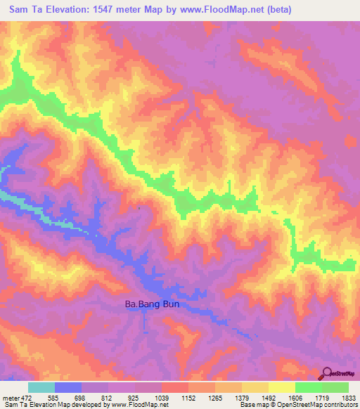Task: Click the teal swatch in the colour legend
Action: pos(41,387)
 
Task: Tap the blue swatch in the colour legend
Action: pos(68,387)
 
